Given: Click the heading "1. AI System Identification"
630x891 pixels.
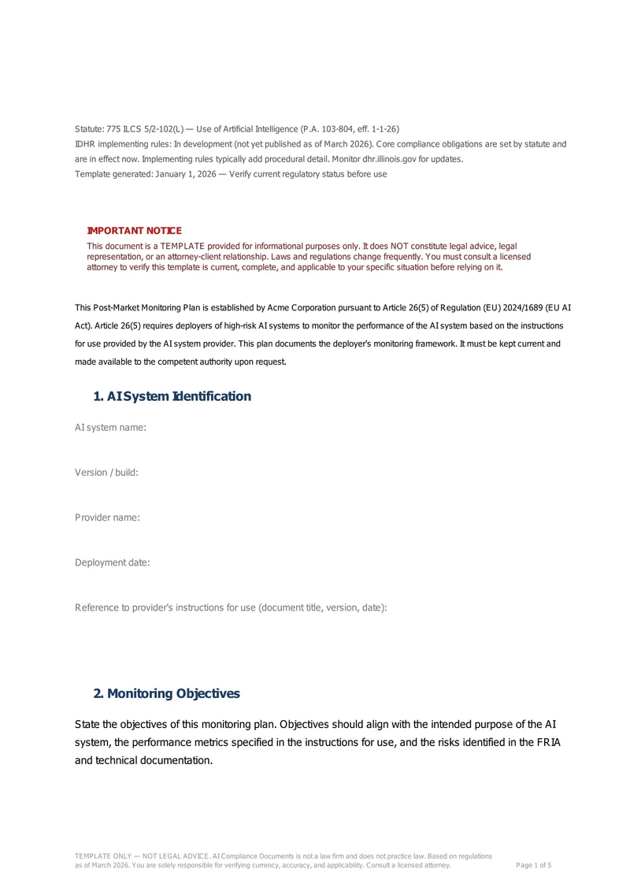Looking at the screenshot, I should [x=172, y=396].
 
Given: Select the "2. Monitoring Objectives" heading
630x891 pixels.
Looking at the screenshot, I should [x=166, y=693].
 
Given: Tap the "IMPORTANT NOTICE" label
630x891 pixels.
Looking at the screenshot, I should [x=134, y=231].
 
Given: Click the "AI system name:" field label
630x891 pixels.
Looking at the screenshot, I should [x=110, y=427].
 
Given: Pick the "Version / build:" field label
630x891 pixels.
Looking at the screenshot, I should [x=106, y=472].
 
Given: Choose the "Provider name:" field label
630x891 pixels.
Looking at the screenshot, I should [x=107, y=517].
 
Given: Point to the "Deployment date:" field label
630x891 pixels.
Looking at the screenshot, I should [x=112, y=562].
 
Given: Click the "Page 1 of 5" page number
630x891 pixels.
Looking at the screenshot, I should [x=533, y=865].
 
